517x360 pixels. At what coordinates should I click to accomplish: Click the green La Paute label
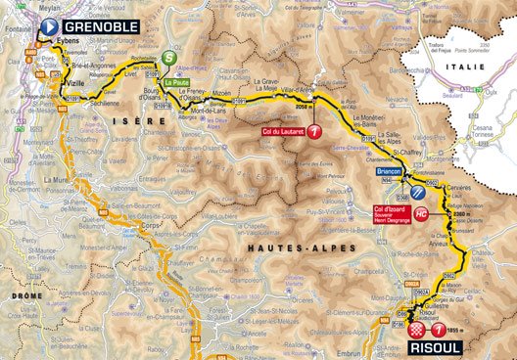176,83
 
